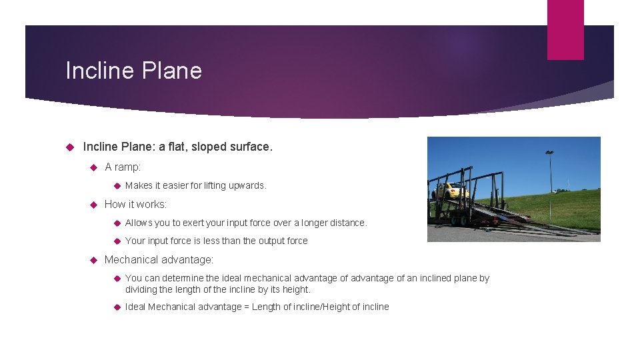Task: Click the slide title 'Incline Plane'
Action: point(133,70)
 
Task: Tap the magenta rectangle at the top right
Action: point(565,29)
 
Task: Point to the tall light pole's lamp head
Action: point(549,153)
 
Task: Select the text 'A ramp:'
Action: point(123,167)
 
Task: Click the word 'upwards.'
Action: point(248,185)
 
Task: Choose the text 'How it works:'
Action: point(135,204)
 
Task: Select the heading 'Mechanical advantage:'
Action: point(159,259)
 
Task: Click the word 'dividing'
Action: point(142,289)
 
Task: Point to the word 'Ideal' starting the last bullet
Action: point(135,307)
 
